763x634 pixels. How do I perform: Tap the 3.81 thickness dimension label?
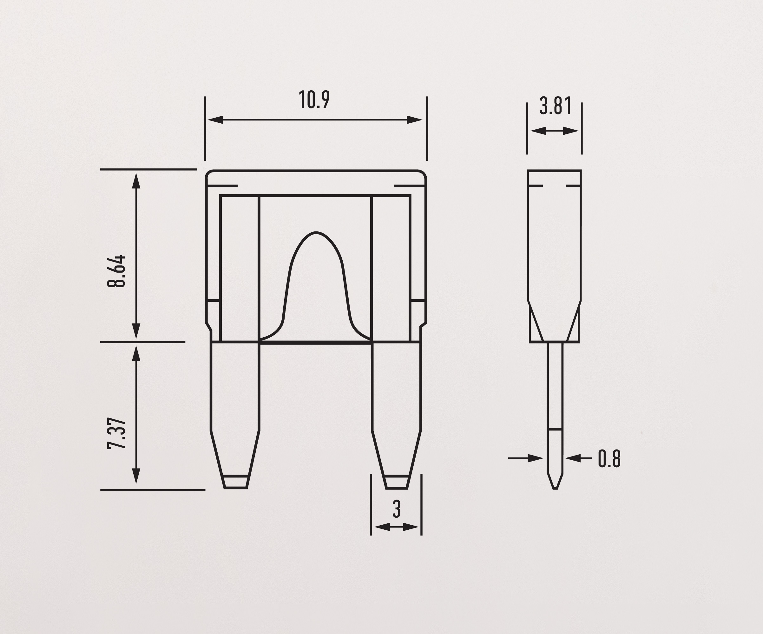(x=556, y=106)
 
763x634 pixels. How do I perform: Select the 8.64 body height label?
(x=116, y=271)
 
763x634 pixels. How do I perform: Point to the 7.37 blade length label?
(x=116, y=434)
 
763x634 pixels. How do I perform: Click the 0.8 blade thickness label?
(x=609, y=459)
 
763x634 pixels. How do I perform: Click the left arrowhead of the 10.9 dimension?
(x=215, y=120)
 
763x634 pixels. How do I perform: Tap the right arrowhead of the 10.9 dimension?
(x=415, y=120)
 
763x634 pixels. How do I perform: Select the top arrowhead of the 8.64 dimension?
(x=136, y=180)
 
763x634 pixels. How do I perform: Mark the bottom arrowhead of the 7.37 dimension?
(x=136, y=476)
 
